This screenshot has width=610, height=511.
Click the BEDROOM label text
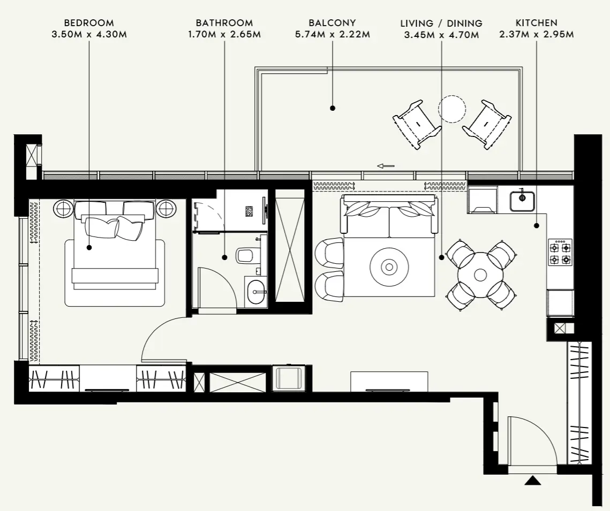(x=88, y=24)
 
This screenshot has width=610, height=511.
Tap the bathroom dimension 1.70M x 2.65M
(x=224, y=35)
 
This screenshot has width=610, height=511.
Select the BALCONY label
(x=332, y=24)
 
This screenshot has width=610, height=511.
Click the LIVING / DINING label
(x=441, y=24)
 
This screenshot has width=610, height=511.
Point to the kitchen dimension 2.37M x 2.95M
(x=536, y=35)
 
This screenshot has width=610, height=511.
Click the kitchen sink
(x=521, y=200)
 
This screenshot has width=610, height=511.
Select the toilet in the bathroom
(x=246, y=255)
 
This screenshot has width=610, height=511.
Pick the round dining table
(x=480, y=275)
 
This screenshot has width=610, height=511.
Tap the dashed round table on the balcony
(x=452, y=109)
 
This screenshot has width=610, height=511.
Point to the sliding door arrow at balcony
(x=386, y=166)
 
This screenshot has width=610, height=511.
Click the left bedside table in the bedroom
(x=63, y=208)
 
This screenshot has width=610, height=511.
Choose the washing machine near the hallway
(x=288, y=378)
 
